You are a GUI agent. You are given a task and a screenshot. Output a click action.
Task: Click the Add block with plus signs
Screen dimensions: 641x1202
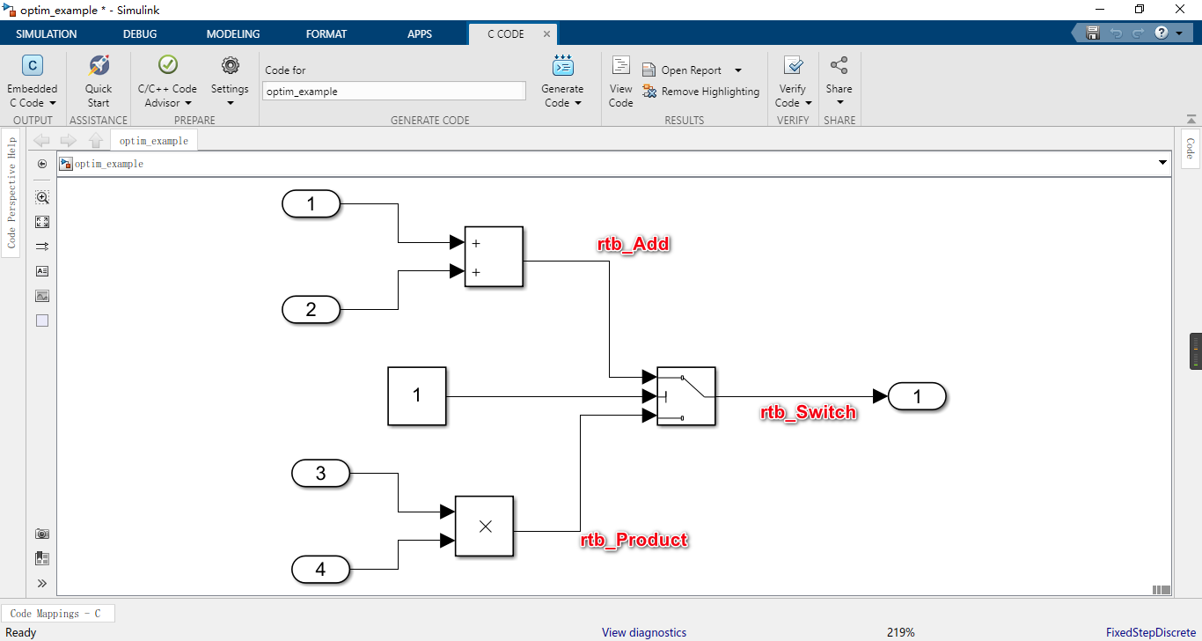[x=494, y=257]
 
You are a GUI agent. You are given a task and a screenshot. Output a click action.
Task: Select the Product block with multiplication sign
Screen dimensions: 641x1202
[x=484, y=526]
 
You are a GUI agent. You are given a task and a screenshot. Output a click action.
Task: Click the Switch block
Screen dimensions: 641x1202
[x=685, y=396]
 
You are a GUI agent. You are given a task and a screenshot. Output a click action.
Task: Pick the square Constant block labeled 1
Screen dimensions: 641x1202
[x=417, y=396]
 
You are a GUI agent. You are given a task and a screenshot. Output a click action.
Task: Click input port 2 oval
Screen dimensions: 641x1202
[x=311, y=309]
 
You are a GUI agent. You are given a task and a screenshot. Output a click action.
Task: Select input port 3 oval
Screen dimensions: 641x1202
[x=320, y=474]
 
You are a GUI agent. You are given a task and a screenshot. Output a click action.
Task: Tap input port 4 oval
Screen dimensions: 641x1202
[x=320, y=570]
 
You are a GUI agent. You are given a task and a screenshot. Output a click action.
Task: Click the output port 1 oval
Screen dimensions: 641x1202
[x=917, y=397]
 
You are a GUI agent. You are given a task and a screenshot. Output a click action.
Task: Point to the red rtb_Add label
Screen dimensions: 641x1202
[x=634, y=245]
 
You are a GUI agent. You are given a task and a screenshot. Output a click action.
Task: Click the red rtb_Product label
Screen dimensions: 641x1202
[x=634, y=540]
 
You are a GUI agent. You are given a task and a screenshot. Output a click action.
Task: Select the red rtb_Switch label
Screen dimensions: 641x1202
[x=808, y=412]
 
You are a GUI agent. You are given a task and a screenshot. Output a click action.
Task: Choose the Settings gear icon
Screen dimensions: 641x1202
[x=230, y=66]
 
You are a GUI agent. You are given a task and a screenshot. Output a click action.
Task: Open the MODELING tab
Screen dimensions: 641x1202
[x=233, y=34]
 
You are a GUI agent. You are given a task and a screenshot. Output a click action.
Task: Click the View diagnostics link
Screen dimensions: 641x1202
[x=643, y=632]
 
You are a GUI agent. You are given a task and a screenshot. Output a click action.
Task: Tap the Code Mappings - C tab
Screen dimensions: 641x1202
[x=57, y=614]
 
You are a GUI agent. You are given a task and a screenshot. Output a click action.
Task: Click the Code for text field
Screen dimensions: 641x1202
[x=393, y=91]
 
